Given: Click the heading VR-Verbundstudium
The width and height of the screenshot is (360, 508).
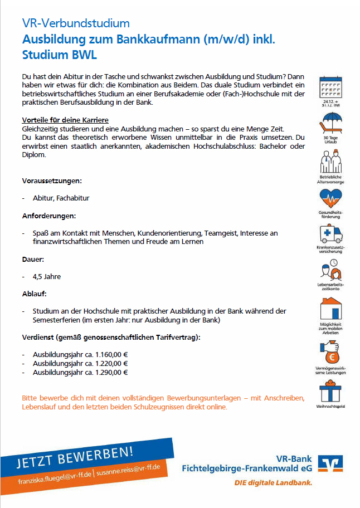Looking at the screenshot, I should [76, 23].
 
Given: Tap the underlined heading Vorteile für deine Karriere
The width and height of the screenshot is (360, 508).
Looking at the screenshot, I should [65, 120].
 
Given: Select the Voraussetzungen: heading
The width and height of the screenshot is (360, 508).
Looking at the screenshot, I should [52, 181].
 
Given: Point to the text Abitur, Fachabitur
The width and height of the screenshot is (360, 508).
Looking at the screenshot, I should [61, 198].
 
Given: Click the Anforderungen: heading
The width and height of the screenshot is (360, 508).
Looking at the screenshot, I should [49, 215].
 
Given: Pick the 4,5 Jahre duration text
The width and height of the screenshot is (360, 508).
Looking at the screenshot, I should [47, 276].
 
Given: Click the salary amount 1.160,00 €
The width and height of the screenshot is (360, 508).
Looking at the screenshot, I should [110, 354].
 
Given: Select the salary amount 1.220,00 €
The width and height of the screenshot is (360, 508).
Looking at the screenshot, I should [110, 363].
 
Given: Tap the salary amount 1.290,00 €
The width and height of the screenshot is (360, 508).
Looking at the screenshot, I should [110, 373].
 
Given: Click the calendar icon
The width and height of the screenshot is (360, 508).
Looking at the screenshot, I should [330, 87].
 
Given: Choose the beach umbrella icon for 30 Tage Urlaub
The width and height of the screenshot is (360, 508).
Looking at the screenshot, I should [330, 123].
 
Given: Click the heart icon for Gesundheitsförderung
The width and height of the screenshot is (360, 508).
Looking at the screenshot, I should [330, 198].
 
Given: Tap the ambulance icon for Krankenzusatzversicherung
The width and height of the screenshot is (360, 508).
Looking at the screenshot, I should [330, 233].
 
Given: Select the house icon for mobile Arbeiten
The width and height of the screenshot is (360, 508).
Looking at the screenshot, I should [330, 310].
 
